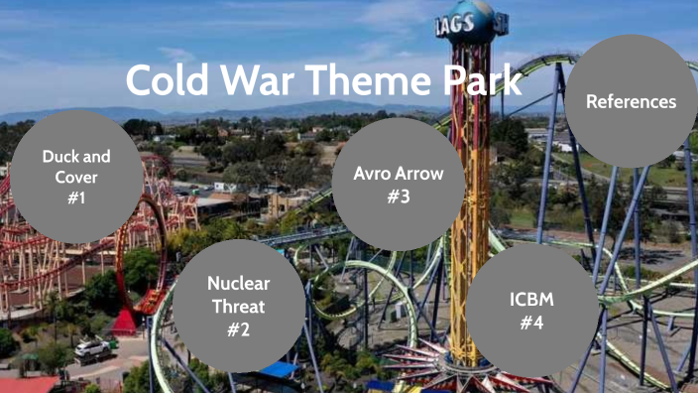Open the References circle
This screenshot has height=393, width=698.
pyautogui.click(x=631, y=101)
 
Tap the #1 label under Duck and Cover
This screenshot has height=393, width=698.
pyautogui.click(x=76, y=197)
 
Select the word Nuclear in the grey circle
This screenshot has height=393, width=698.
pyautogui.click(x=238, y=283)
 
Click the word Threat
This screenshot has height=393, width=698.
pyautogui.click(x=238, y=306)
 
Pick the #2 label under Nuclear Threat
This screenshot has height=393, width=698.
pyautogui.click(x=238, y=328)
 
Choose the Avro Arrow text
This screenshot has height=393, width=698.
pyautogui.click(x=398, y=172)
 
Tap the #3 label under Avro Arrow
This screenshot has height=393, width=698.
pyautogui.click(x=398, y=195)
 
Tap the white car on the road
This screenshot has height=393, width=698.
pyautogui.click(x=91, y=349)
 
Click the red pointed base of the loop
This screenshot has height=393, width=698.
pyautogui.click(x=125, y=322)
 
